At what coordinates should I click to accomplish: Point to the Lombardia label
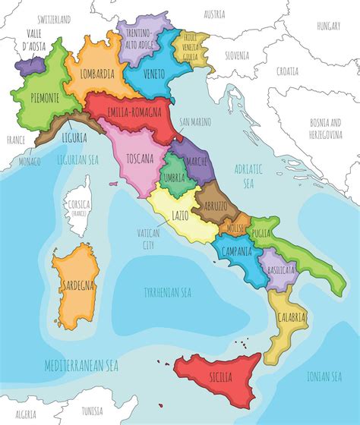pyautogui.click(x=95, y=74)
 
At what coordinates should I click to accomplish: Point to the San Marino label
pyautogui.click(x=195, y=121)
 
